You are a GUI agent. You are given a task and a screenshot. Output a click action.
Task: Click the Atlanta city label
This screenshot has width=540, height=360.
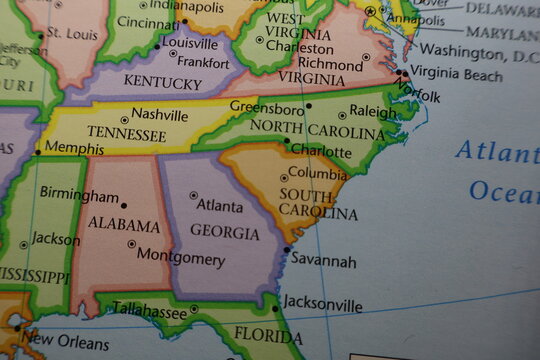point(220,207)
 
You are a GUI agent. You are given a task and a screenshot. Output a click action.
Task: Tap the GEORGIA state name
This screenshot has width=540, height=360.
point(224,231)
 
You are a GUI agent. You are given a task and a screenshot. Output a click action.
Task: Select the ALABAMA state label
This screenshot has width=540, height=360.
point(124,225)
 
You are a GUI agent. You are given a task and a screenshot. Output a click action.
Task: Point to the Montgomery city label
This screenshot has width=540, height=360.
point(181,258)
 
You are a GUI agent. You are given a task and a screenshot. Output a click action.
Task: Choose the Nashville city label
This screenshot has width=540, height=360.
point(160,115)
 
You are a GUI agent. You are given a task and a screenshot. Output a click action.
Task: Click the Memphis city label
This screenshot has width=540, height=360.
point(75,148)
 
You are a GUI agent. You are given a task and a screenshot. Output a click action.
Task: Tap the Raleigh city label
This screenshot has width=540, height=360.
point(373,112)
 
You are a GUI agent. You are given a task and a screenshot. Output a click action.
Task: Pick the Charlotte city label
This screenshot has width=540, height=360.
point(321,152)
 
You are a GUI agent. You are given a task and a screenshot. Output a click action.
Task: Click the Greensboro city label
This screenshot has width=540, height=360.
point(267,106)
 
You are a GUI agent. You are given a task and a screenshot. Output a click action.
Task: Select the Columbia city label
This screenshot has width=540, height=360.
point(318,174)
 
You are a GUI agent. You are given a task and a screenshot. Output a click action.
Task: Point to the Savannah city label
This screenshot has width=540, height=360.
point(324,261)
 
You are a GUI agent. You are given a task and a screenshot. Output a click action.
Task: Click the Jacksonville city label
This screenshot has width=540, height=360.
point(323,304)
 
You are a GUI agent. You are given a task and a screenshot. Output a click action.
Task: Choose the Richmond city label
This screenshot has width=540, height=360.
point(330,64)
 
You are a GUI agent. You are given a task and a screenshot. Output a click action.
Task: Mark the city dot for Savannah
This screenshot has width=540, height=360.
point(287,250)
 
